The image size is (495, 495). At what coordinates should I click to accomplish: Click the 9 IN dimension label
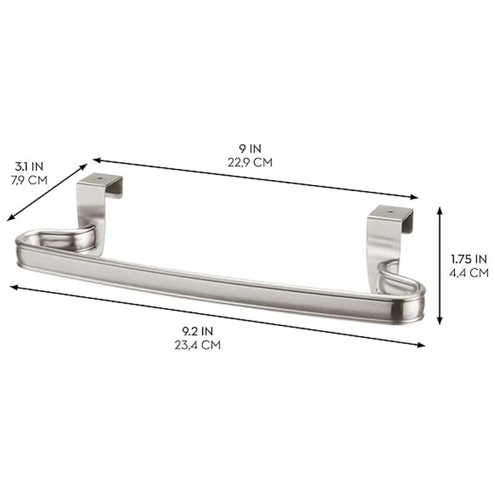pyautogui.click(x=250, y=148)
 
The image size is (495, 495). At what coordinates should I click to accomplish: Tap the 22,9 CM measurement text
pyautogui.click(x=250, y=162)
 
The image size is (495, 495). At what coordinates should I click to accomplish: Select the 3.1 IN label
pyautogui.click(x=29, y=166)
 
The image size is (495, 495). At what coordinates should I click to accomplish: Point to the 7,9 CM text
pyautogui.click(x=29, y=180)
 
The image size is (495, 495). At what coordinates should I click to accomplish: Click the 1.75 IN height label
pyautogui.click(x=469, y=259)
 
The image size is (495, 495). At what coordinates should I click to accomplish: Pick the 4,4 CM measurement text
pyautogui.click(x=469, y=273)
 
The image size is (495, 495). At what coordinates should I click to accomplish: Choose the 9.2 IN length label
pyautogui.click(x=197, y=331)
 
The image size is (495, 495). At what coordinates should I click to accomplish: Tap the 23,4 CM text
pyautogui.click(x=197, y=345)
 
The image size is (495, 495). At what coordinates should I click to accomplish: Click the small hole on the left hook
pyautogui.click(x=101, y=178)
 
